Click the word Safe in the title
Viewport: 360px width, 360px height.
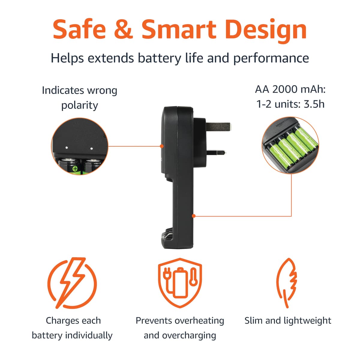[x=79, y=29]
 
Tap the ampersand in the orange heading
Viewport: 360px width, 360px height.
[x=124, y=29]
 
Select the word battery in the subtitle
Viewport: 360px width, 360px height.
[x=159, y=58]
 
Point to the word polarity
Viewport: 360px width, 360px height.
[x=79, y=106]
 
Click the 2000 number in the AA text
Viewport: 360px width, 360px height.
[x=285, y=89]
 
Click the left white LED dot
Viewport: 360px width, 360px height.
[x=67, y=148]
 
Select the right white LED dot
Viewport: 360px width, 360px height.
[x=91, y=148]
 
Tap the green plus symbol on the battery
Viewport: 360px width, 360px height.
[x=75, y=169]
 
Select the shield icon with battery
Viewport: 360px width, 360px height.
[x=180, y=283]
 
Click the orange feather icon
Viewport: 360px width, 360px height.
[x=286, y=283]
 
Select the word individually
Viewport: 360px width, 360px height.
[x=89, y=335]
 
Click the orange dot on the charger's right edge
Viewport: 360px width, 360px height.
[x=194, y=216]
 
